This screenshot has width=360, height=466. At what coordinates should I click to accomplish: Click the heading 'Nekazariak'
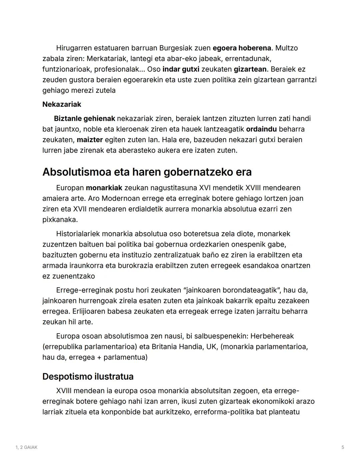point(62,104)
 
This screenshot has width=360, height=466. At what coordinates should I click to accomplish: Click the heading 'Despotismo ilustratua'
point(88,376)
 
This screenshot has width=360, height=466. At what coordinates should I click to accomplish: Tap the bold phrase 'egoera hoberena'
point(242,48)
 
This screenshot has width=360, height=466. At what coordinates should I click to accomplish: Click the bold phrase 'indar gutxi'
point(181,69)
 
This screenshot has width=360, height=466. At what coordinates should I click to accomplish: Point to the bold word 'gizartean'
point(250,69)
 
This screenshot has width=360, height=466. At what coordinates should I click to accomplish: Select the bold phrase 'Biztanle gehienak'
point(84,118)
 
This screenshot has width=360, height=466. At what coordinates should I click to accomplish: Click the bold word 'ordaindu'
point(261,129)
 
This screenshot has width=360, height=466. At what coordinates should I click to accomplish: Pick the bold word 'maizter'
point(90,140)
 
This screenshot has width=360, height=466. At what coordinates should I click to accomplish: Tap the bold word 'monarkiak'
point(104,188)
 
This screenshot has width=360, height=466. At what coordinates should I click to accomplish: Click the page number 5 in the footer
point(343,447)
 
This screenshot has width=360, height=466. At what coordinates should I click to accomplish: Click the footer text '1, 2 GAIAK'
point(27,447)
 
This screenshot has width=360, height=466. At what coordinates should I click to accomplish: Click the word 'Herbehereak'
point(272,336)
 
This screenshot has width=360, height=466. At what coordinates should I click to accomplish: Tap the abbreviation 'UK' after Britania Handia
point(211,347)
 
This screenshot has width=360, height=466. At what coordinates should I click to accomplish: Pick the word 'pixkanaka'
point(60,220)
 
